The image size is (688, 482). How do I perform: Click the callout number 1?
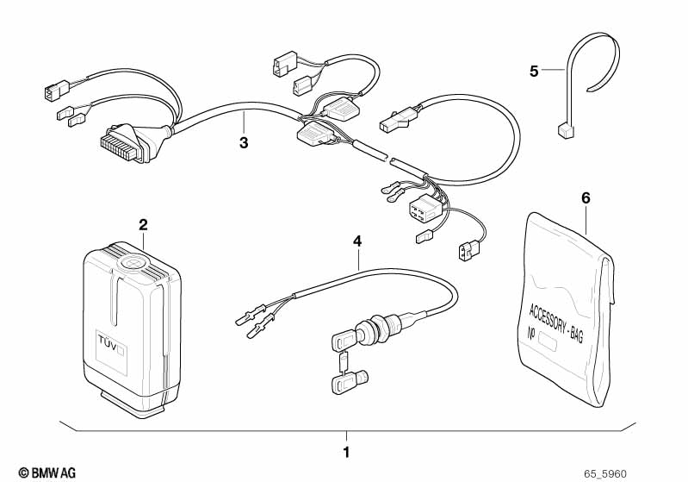click(x=346, y=452)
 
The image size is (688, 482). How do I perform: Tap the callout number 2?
click(x=143, y=225)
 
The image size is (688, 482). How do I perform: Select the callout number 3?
click(x=244, y=142)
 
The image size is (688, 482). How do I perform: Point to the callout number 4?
click(x=356, y=241)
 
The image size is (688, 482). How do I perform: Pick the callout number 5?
click(x=534, y=71)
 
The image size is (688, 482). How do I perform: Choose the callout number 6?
click(x=586, y=197)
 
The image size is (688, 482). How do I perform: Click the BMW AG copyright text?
click(x=40, y=473)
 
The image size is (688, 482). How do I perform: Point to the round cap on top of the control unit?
click(x=135, y=262)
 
